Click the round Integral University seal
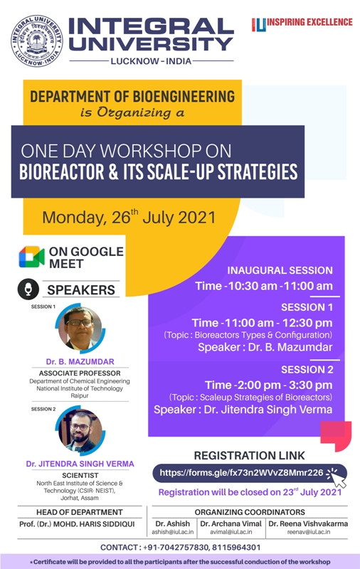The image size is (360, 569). (x=36, y=41)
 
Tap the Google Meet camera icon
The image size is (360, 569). (x=31, y=257)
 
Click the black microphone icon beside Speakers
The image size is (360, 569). (x=28, y=289)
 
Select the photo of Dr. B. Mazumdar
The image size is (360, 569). (x=80, y=328)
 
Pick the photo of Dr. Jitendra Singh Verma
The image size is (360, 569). (x=80, y=430)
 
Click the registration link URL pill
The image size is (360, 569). (x=249, y=473)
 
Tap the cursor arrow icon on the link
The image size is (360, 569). (x=337, y=477)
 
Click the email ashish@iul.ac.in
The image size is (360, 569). (x=173, y=532)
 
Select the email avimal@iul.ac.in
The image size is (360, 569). (x=231, y=532)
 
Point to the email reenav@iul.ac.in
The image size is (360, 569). (x=309, y=532)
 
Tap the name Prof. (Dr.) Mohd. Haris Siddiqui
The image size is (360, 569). (x=77, y=524)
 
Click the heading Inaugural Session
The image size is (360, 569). (x=280, y=270)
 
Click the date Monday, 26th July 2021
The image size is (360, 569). (x=129, y=217)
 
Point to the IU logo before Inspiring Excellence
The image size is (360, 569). (x=259, y=25)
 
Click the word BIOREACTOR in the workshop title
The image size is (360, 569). (x=62, y=171)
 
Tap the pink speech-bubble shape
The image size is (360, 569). (x=336, y=436)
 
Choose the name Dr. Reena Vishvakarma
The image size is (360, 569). (x=308, y=523)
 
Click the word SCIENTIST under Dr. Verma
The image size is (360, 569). (x=80, y=475)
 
